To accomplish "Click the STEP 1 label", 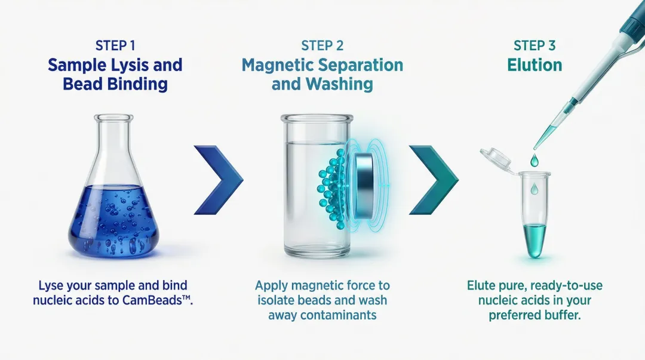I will coord(115,46).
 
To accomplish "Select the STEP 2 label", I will coord(322,46).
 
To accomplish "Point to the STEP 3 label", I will coord(535,46).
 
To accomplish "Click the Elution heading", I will coord(535,64).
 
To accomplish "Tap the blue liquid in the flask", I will coord(113,224).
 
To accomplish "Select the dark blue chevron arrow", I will coord(219,179).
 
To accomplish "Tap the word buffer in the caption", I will coord(560,315).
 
